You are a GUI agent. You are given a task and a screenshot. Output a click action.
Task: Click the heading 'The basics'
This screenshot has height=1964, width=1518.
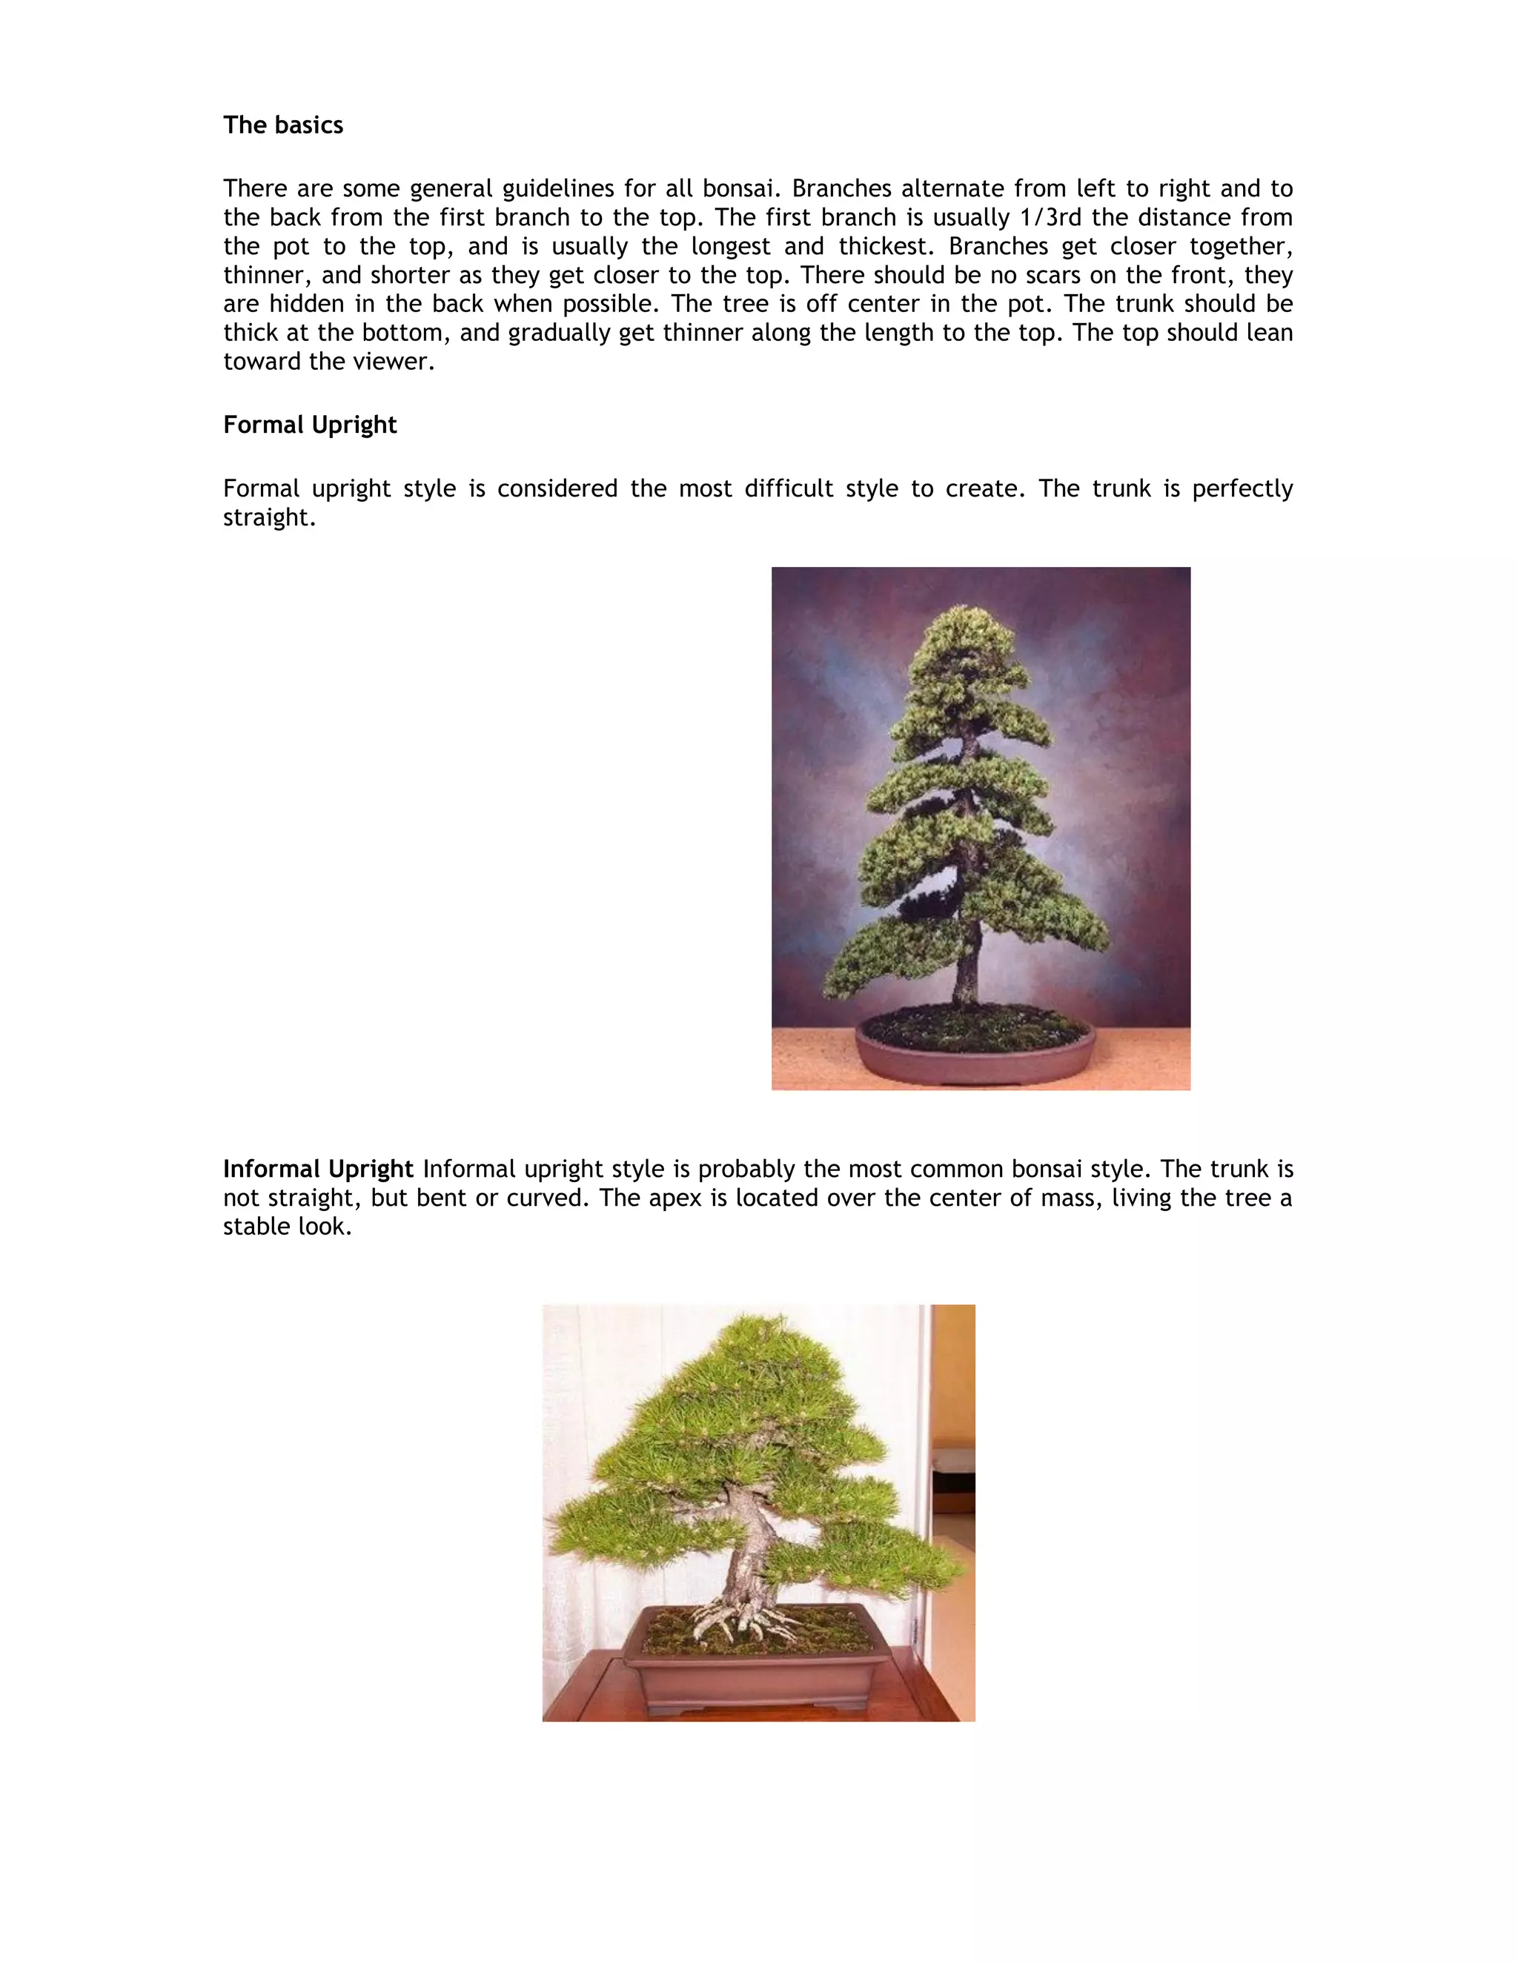coord(282,125)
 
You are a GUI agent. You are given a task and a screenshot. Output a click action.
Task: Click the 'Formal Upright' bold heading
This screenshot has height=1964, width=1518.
coord(309,425)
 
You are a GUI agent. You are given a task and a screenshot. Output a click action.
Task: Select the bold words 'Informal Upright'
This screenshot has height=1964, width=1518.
coord(317,1169)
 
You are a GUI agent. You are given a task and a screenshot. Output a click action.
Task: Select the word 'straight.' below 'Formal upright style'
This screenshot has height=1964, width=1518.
coord(269,518)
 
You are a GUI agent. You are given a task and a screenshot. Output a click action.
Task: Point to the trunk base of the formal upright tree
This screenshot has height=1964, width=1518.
coord(965,989)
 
